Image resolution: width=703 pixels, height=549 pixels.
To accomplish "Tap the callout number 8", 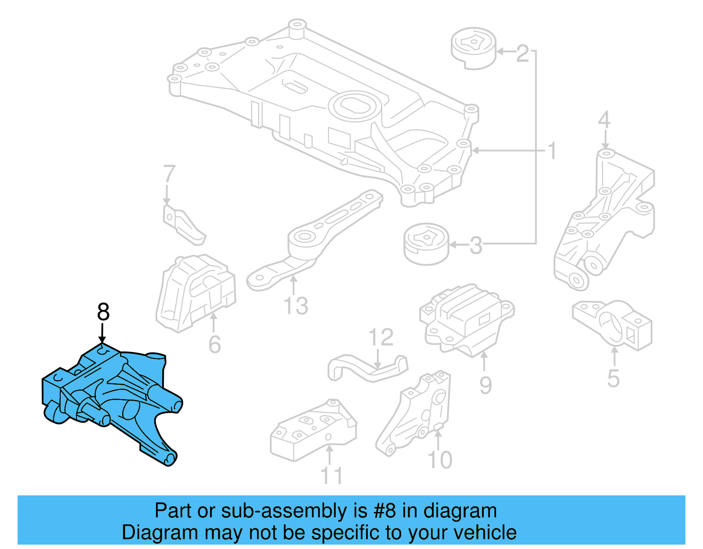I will click(x=103, y=313).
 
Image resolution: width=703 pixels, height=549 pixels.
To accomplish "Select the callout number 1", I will click(x=552, y=151).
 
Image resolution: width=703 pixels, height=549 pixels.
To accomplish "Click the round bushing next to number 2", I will click(x=474, y=48).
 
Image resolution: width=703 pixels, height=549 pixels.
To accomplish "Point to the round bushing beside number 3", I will click(x=426, y=244).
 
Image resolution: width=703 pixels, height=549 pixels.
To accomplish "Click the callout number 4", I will click(x=605, y=120).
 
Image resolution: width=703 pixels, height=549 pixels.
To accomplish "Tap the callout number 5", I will click(x=613, y=378).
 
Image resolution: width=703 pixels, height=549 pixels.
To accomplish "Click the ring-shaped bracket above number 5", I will click(x=613, y=324).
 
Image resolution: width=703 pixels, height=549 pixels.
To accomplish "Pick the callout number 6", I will click(x=214, y=344).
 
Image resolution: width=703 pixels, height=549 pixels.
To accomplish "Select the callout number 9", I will click(x=485, y=385).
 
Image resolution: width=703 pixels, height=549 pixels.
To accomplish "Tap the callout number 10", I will click(x=439, y=460).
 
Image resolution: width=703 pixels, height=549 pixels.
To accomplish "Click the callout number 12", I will click(x=380, y=338).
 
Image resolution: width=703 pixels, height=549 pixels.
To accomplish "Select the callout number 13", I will click(x=295, y=306).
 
